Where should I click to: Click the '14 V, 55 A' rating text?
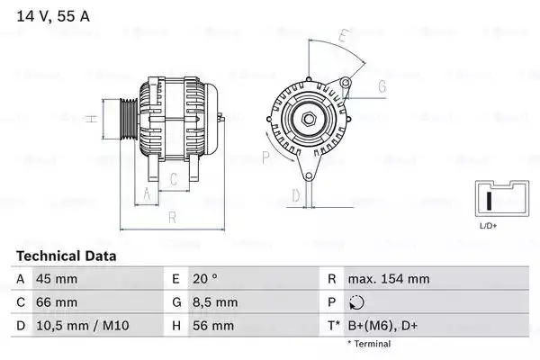coord(52,16)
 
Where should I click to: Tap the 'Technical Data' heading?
coord(66,256)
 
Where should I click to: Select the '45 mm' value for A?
coord(56,279)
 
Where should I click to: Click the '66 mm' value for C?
coord(56,302)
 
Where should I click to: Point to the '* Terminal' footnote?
coord(368,344)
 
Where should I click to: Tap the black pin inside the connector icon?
coord(488,200)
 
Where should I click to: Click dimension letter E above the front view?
coord(343,36)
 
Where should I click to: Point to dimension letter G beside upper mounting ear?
coord(382,86)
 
